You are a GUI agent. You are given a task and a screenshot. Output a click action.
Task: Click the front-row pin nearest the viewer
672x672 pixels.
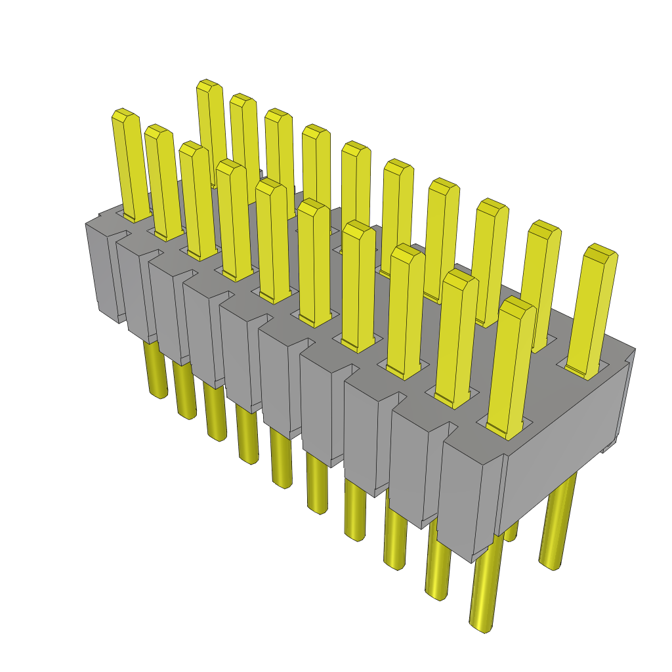coord(513,367)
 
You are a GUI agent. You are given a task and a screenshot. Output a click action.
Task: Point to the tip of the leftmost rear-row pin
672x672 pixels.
coord(208,86)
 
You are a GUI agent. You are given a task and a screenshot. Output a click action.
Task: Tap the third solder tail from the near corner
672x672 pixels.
coord(397,538)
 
